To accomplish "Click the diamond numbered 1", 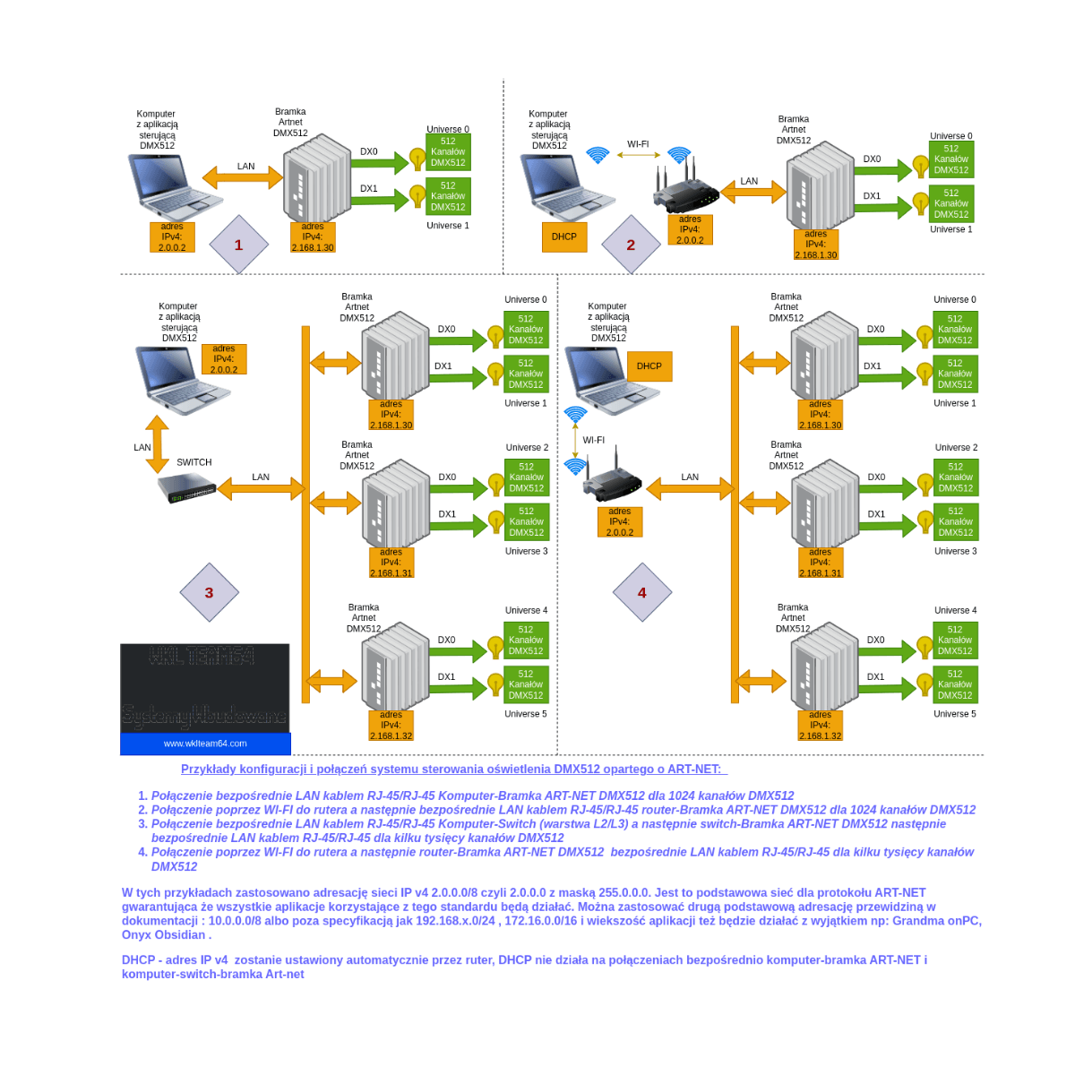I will [238, 245].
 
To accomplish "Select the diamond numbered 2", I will [631, 245].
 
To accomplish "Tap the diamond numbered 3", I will [209, 592].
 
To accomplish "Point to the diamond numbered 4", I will [641, 592].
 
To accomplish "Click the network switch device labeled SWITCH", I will [187, 488].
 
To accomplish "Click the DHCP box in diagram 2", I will [564, 236].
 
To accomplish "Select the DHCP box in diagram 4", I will [649, 366].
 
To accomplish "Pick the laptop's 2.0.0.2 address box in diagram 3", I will [224, 359].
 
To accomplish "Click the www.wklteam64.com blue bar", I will [205, 744].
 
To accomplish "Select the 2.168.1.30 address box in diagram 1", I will [313, 237].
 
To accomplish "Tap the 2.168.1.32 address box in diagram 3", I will [391, 726].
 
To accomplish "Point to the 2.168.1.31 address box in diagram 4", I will [821, 563].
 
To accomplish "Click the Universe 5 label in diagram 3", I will [526, 714].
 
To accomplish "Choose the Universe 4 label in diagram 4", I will [955, 610].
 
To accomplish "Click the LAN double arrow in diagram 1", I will [243, 177].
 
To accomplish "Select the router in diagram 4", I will [614, 485].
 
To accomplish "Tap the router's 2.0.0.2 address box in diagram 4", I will [620, 521].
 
